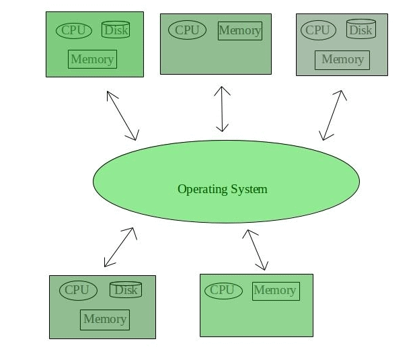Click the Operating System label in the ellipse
click(222, 189)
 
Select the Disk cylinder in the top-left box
click(116, 30)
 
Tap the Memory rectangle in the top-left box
click(92, 59)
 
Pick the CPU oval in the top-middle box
click(187, 30)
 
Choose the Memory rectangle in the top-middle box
click(239, 31)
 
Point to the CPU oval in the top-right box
click(317, 30)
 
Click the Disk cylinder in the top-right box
click(361, 30)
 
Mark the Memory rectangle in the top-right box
click(342, 59)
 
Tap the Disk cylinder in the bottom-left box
click(126, 289)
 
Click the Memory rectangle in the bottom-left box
click(104, 320)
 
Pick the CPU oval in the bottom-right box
click(223, 290)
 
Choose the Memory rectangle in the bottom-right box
click(275, 291)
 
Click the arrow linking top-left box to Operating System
click(122, 115)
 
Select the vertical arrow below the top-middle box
click(222, 108)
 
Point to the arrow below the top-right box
click(334, 115)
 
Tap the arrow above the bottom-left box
click(120, 247)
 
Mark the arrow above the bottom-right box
click(256, 250)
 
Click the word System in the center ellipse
click(248, 189)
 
